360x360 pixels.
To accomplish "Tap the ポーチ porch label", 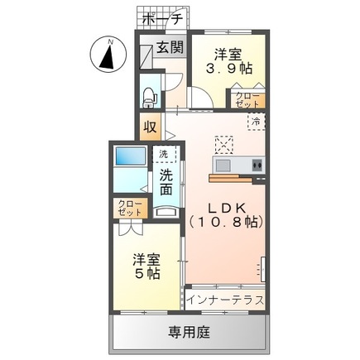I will tap(163, 18).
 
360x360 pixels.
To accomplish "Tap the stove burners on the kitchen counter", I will tap(257, 166).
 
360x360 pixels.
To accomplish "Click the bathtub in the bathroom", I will tap(131, 157).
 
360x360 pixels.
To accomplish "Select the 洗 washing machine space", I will tap(164, 154).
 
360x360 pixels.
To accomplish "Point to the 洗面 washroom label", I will tap(167, 183).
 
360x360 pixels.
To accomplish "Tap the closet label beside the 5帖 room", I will tap(129, 207).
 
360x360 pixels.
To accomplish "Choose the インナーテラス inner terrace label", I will tap(225, 298).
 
